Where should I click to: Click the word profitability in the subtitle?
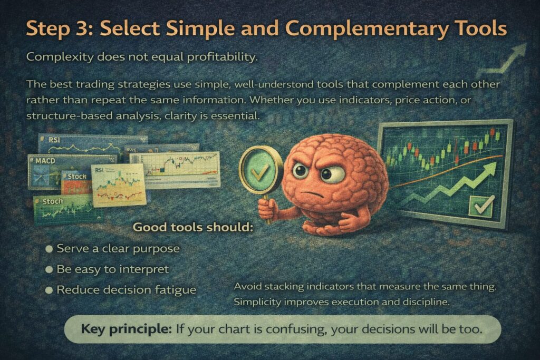tap(222, 57)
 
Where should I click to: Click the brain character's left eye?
tap(300, 170)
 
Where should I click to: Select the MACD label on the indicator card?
tap(45, 161)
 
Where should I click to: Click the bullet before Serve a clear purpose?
tap(49, 248)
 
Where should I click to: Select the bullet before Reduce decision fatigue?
tap(49, 290)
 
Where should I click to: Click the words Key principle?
tap(126, 329)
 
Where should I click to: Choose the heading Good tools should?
tap(193, 227)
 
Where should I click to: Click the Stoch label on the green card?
tap(53, 201)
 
